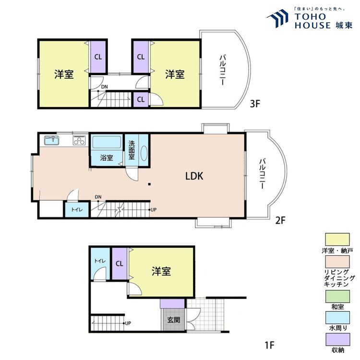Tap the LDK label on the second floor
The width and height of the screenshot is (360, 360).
(x=194, y=176)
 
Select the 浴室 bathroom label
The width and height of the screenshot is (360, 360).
(x=107, y=158)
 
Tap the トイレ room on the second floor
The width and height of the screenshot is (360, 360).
(x=76, y=210)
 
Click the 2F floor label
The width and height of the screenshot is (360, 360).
(x=280, y=221)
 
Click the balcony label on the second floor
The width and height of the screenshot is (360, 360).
(x=263, y=173)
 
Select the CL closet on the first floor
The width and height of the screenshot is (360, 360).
(x=120, y=263)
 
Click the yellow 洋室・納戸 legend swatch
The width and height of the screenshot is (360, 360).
(x=338, y=239)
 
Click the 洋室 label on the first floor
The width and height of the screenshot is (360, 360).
(x=161, y=272)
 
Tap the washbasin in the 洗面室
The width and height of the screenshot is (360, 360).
(x=144, y=153)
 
